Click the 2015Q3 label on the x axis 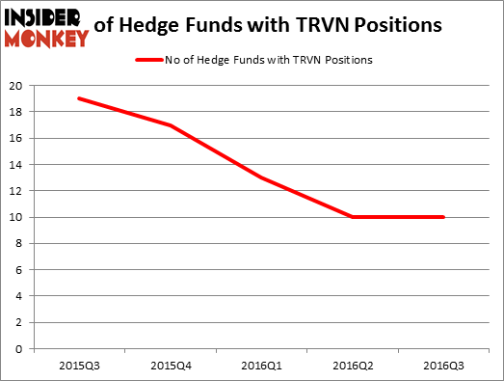79,365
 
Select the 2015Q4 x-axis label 171,365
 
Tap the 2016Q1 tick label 262,365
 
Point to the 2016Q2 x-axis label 353,365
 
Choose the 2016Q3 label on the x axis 443,365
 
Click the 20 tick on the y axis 15,85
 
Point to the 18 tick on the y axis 15,111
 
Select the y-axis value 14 15,164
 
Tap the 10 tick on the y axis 15,217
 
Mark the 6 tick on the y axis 18,269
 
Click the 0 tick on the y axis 18,348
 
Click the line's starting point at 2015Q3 79,98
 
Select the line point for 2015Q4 171,124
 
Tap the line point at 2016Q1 262,177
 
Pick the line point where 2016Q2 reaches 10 353,217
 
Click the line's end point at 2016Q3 443,217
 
